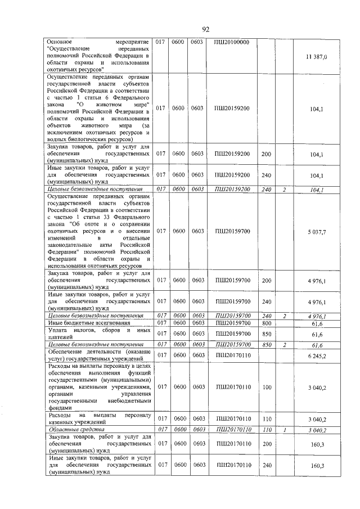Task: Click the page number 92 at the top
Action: (205, 30)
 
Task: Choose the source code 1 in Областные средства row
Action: (285, 430)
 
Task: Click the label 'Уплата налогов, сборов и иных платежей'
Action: (98, 334)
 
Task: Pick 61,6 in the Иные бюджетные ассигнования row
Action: (319, 323)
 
